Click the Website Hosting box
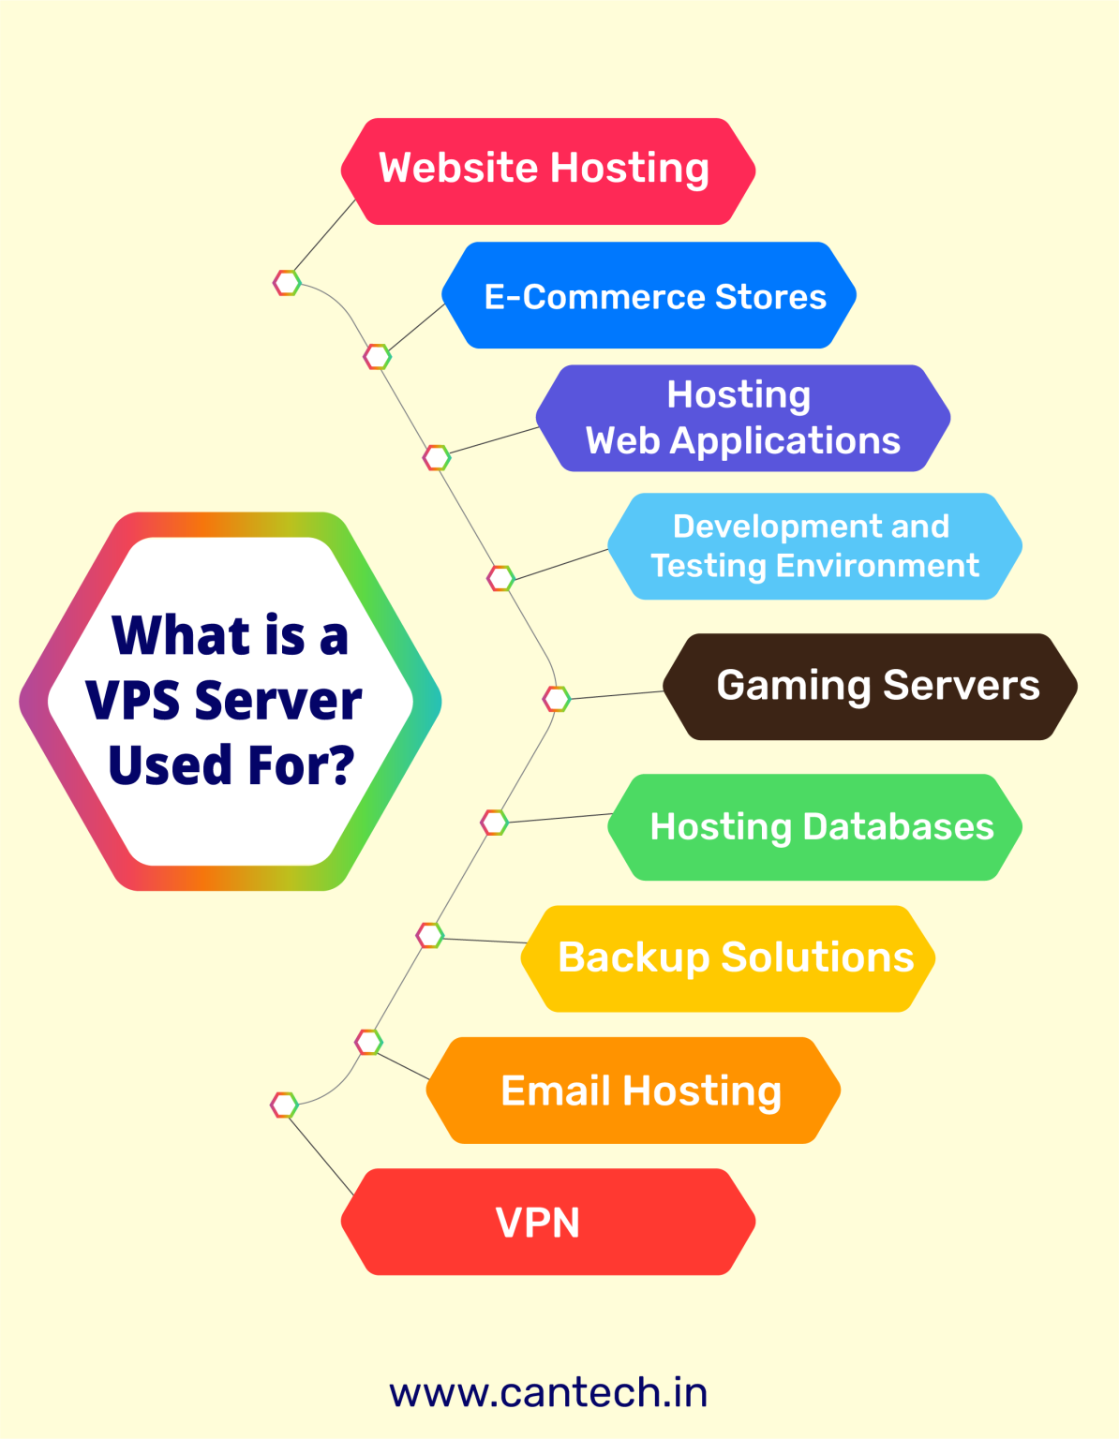pyautogui.click(x=547, y=171)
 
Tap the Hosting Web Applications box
pyautogui.click(x=742, y=418)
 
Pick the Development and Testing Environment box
pyautogui.click(x=813, y=546)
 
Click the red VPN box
pyautogui.click(x=547, y=1222)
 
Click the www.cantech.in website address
pyautogui.click(x=548, y=1393)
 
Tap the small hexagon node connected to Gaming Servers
pyautogui.click(x=557, y=699)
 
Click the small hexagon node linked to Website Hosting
pyautogui.click(x=287, y=282)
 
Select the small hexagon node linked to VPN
pyautogui.click(x=284, y=1105)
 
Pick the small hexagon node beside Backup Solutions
pyautogui.click(x=429, y=935)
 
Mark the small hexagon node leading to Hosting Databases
pyautogui.click(x=494, y=823)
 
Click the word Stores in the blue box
pyautogui.click(x=770, y=297)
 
